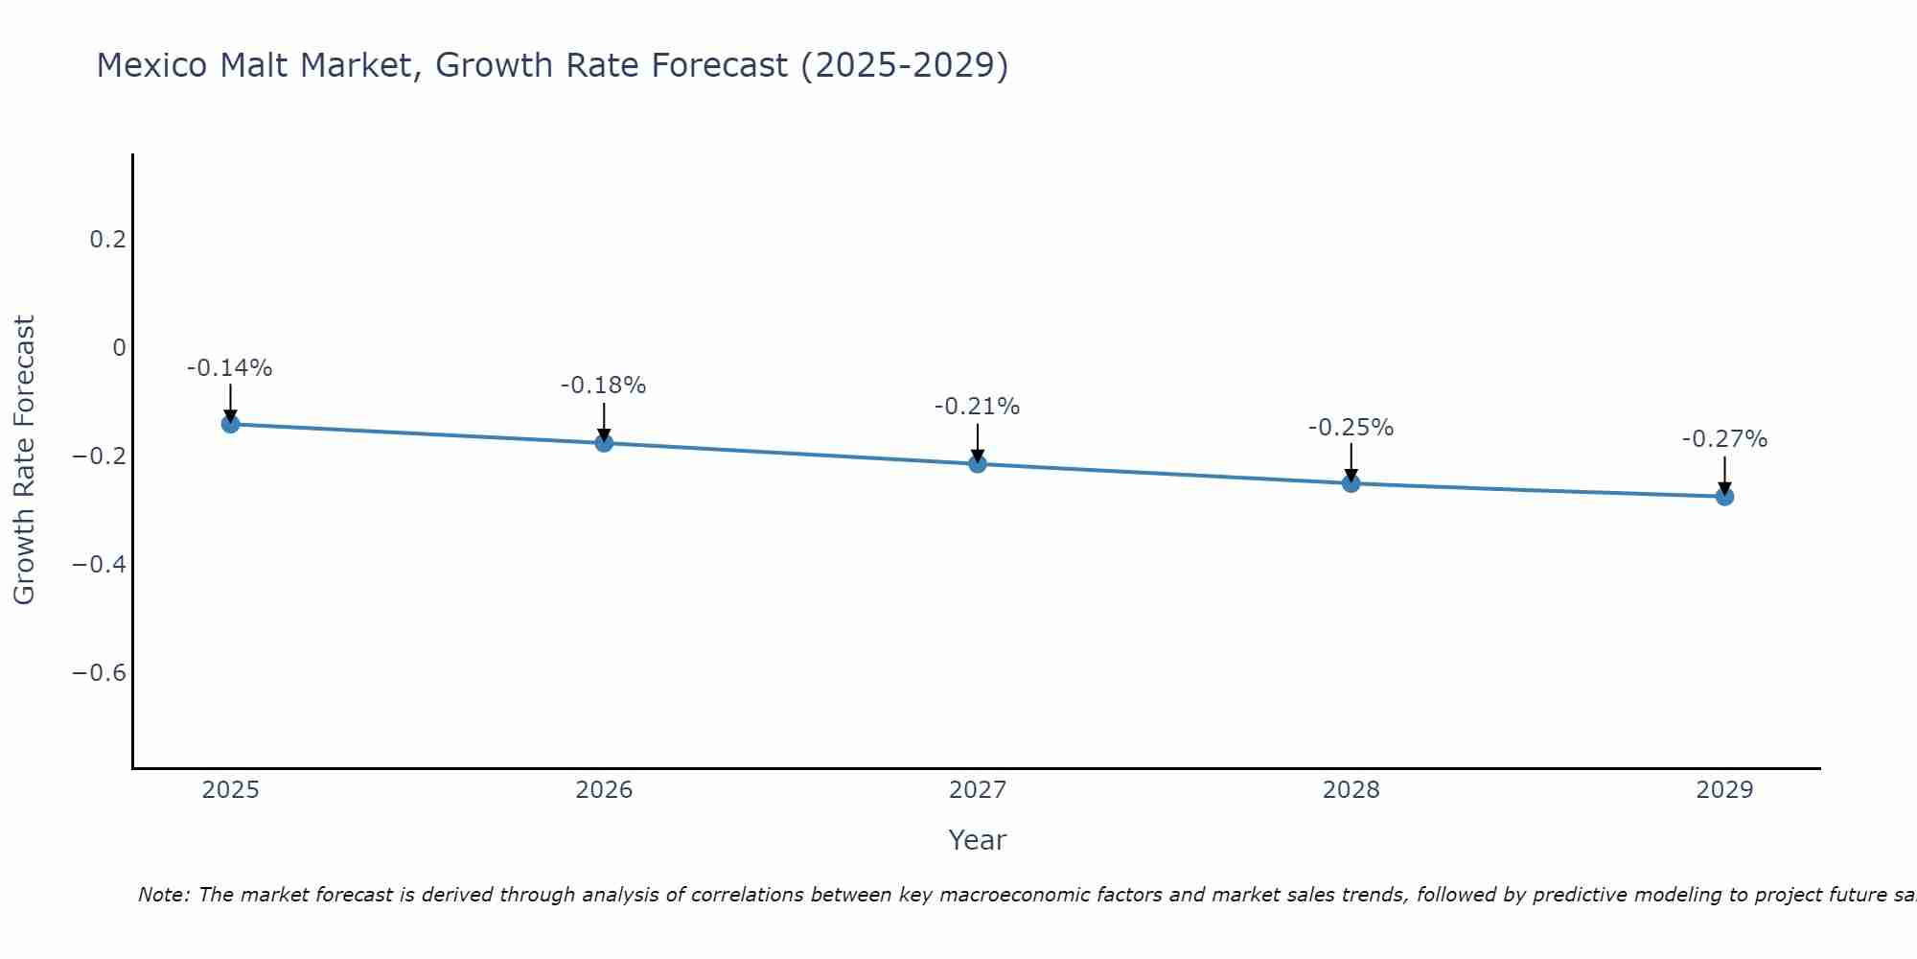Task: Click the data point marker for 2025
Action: pos(230,423)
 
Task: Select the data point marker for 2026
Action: pos(604,442)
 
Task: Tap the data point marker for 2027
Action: pos(978,463)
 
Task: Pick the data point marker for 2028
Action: pos(1351,482)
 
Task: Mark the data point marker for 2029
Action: pos(1724,496)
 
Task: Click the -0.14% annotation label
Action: pos(230,368)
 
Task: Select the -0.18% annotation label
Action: pos(604,386)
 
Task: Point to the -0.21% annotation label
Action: pos(978,407)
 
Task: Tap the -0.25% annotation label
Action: pos(1351,428)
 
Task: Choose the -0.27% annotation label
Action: pos(1724,439)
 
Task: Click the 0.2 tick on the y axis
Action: pos(107,239)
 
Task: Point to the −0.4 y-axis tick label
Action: pos(99,564)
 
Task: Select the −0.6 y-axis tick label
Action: pos(99,672)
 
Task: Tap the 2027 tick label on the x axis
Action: pos(978,790)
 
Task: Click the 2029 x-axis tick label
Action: pos(1724,790)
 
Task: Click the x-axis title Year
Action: pos(978,840)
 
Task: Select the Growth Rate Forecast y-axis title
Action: pos(25,460)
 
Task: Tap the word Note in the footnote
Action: pos(163,895)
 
